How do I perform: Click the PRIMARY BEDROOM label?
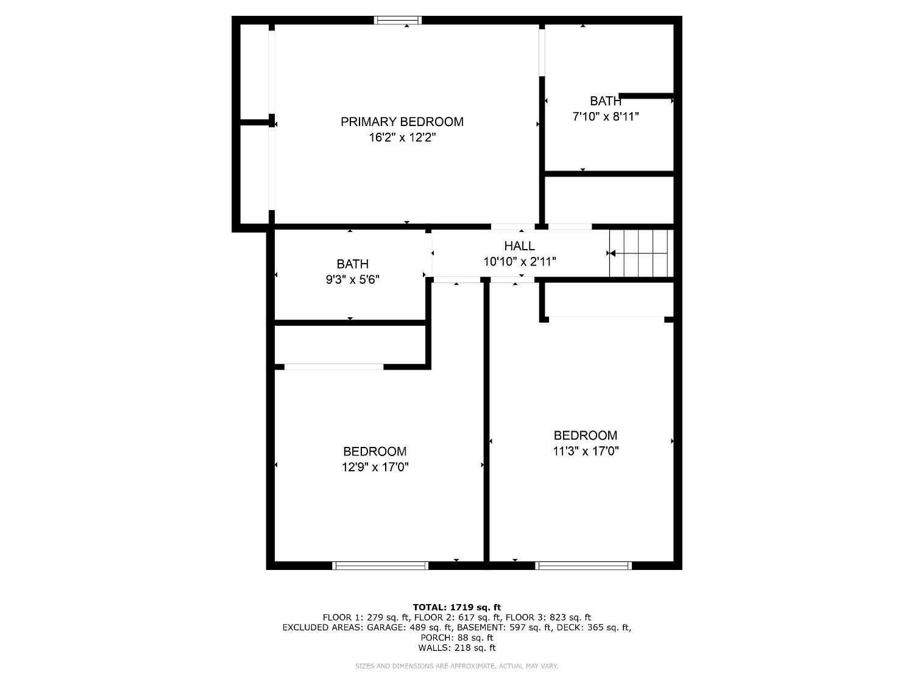402,122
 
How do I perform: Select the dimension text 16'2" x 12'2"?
402,138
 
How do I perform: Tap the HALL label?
519,246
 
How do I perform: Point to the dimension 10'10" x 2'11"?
519,262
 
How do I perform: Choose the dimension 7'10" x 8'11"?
606,116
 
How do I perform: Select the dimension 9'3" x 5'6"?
352,279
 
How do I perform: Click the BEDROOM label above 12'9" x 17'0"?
375,452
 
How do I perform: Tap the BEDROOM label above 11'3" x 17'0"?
585,435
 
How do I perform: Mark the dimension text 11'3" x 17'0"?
585,451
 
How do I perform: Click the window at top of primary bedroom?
398,20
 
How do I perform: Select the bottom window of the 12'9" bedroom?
380,566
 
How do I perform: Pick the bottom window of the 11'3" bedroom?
583,566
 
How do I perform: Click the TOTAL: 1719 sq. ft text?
456,607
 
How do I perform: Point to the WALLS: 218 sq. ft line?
456,648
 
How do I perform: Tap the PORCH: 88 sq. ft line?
456,638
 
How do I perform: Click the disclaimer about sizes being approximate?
456,666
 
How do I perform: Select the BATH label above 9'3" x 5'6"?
352,264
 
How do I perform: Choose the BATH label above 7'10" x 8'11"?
605,101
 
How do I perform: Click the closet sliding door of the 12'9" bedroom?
334,367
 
